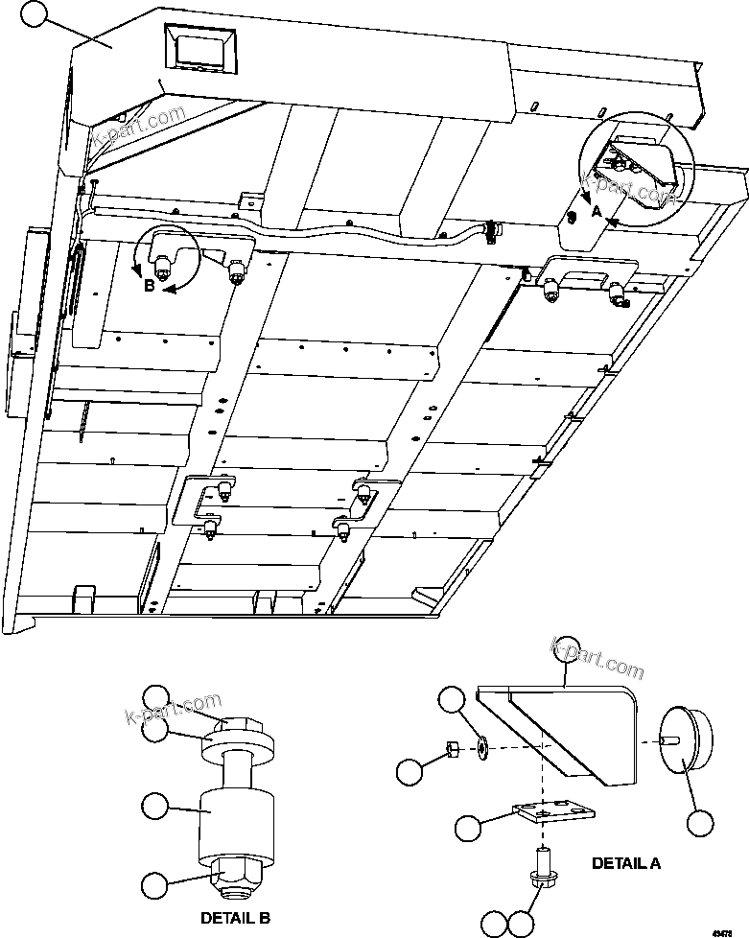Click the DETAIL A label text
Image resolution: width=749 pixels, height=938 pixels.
(625, 862)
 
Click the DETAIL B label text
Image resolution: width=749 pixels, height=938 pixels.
(234, 918)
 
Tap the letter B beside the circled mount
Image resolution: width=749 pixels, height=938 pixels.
(150, 285)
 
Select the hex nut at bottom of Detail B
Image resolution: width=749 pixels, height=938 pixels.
(235, 872)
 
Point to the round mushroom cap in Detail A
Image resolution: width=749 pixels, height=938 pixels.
(685, 739)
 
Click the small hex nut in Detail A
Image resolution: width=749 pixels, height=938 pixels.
(450, 749)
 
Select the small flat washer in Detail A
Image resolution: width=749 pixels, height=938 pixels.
(480, 746)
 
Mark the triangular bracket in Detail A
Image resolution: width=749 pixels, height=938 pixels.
(566, 729)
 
